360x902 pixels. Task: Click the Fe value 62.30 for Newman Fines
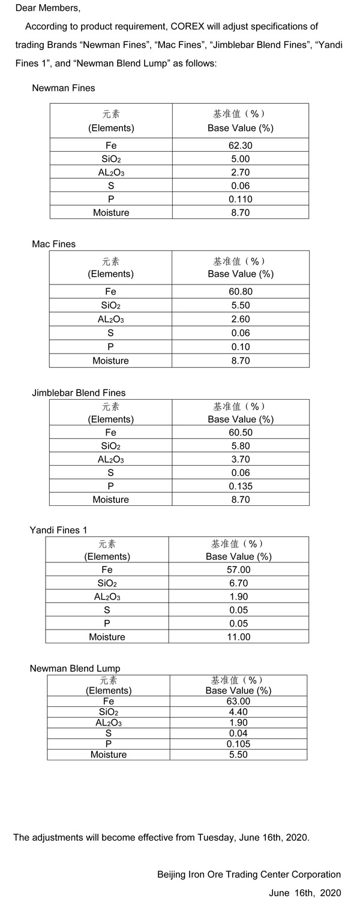tap(240, 145)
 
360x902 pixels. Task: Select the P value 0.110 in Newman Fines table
tap(240, 199)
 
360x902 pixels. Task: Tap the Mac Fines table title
tap(53, 244)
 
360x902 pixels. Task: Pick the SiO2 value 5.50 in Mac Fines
tap(240, 305)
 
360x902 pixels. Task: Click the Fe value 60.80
tap(240, 292)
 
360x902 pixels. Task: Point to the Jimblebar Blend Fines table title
tap(79, 393)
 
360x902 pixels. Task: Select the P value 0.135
tap(240, 486)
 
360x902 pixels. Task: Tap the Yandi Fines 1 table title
tap(58, 530)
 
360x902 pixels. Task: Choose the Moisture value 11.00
tap(238, 637)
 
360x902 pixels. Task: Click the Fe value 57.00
tap(238, 570)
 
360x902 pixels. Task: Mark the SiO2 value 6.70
tap(238, 583)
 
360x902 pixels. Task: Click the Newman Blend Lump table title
tap(75, 668)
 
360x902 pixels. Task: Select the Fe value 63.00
tap(238, 701)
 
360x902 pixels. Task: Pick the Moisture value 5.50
tap(238, 754)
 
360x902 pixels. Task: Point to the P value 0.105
tap(238, 744)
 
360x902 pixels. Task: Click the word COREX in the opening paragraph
tap(191, 26)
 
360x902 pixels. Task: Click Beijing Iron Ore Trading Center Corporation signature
tap(249, 874)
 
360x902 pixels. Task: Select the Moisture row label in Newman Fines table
tap(111, 212)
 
